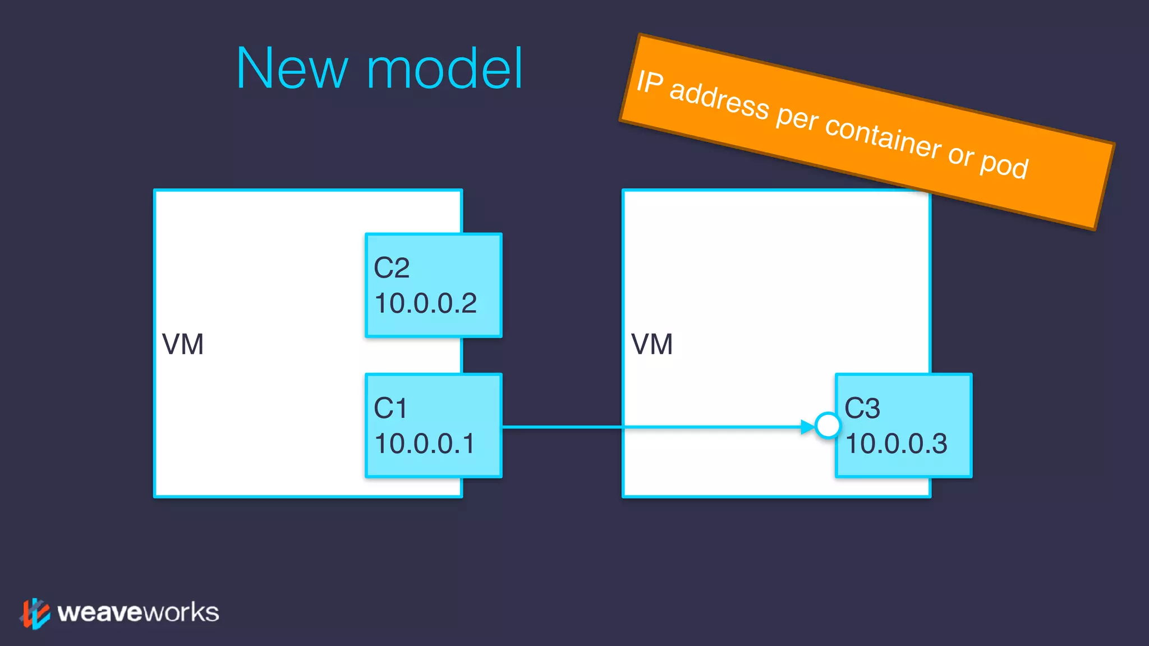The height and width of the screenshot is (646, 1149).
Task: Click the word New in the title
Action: click(x=292, y=68)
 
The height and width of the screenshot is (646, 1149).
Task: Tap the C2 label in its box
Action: click(x=392, y=268)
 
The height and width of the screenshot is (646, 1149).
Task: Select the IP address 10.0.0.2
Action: click(x=425, y=303)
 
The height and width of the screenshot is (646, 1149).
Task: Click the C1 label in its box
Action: click(x=390, y=408)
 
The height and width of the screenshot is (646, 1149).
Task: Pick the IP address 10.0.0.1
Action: click(x=424, y=444)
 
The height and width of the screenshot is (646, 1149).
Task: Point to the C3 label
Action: click(x=862, y=408)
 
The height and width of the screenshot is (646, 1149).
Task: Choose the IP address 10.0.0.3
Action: click(x=896, y=444)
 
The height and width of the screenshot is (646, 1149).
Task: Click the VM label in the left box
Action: click(x=183, y=344)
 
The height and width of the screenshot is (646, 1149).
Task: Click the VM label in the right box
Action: click(x=652, y=344)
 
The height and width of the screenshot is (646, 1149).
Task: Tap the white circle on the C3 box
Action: click(x=828, y=426)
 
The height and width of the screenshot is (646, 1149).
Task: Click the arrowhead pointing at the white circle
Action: click(x=807, y=427)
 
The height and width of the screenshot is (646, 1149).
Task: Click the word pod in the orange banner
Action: click(x=1004, y=165)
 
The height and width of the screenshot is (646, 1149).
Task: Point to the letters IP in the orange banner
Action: click(x=650, y=82)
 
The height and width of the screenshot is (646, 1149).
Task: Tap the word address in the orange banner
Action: click(x=719, y=99)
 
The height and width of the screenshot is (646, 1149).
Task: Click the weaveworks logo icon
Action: click(x=35, y=613)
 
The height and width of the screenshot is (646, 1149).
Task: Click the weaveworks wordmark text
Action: click(x=138, y=612)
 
